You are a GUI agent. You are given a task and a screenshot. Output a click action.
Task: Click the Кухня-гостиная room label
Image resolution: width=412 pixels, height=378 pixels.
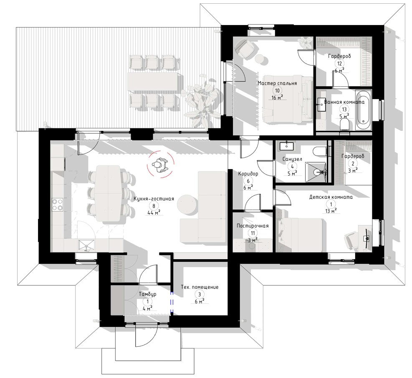[154, 198]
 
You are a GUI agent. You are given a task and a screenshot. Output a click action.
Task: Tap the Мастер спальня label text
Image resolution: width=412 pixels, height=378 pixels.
[277, 83]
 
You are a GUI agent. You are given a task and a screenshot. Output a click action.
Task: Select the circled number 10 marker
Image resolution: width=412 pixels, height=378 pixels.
[277, 91]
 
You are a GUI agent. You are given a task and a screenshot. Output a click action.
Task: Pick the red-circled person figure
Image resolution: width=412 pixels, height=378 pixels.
[160, 165]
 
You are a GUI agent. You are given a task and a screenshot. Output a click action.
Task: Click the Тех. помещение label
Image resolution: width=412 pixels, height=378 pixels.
[200, 287]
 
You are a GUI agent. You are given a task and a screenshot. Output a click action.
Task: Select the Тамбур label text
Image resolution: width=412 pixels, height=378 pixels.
[147, 294]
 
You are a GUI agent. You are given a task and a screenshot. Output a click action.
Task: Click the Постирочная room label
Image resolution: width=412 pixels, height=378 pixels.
[253, 225]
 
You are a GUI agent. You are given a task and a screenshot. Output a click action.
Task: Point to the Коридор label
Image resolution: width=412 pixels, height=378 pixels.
[248, 173]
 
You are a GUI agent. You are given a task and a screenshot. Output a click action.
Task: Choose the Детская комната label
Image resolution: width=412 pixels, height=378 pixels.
[331, 197]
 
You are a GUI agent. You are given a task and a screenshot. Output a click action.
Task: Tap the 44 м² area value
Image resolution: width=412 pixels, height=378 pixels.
[154, 213]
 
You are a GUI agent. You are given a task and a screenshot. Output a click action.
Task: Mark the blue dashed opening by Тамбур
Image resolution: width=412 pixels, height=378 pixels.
[172, 303]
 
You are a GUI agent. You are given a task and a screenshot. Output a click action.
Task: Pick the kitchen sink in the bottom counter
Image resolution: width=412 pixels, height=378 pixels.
[86, 246]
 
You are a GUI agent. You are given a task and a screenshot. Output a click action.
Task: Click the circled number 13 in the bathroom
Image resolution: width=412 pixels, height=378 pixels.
[344, 109]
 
